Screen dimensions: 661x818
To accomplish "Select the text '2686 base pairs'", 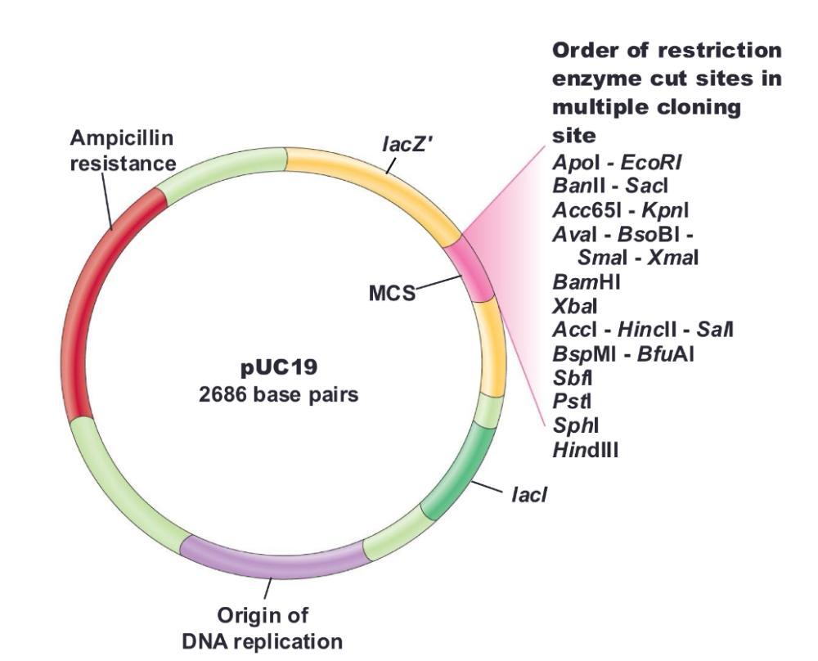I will click(278, 394).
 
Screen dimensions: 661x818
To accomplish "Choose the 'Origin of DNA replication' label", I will click(263, 627).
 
